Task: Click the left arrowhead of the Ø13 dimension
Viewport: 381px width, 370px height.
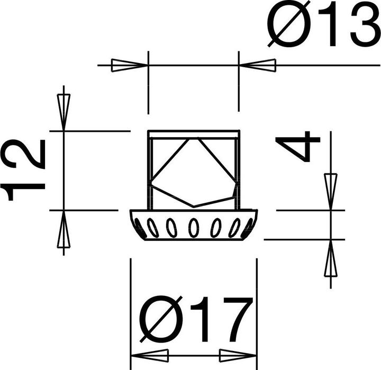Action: (x=129, y=66)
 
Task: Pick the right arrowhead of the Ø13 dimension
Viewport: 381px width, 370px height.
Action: (x=258, y=66)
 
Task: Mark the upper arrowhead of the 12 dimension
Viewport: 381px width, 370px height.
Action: (x=63, y=112)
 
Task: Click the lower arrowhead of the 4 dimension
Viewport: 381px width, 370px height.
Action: (x=331, y=258)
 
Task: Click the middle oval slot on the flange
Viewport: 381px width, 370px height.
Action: (x=194, y=228)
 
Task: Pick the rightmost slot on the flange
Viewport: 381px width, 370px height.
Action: (x=248, y=227)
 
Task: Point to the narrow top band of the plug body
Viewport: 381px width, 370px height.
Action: (x=194, y=134)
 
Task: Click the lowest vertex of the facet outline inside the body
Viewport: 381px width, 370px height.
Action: (x=194, y=205)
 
